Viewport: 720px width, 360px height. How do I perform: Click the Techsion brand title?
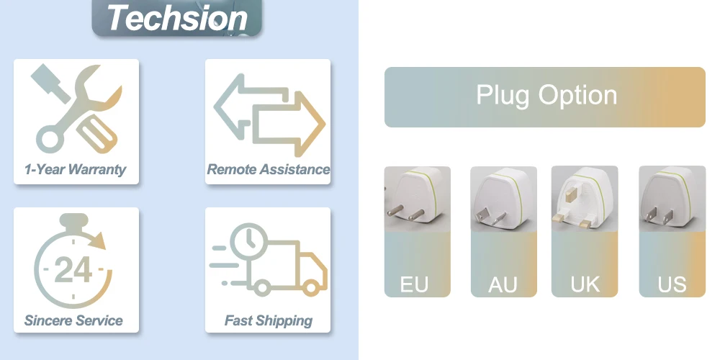(x=177, y=17)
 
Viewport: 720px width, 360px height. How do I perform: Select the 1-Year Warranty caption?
(x=75, y=170)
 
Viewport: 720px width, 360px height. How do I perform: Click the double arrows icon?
(x=269, y=114)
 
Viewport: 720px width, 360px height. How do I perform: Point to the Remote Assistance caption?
(x=268, y=170)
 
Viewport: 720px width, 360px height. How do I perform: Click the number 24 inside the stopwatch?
(x=73, y=270)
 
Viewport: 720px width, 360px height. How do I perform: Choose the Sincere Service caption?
(x=74, y=320)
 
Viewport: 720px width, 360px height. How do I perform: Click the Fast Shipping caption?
(x=268, y=320)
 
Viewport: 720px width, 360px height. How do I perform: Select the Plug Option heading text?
(x=546, y=96)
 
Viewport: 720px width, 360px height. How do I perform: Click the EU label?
(x=414, y=284)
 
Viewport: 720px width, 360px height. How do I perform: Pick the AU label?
(x=503, y=284)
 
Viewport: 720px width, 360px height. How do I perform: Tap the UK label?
(x=585, y=284)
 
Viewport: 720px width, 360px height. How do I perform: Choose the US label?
(x=672, y=284)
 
